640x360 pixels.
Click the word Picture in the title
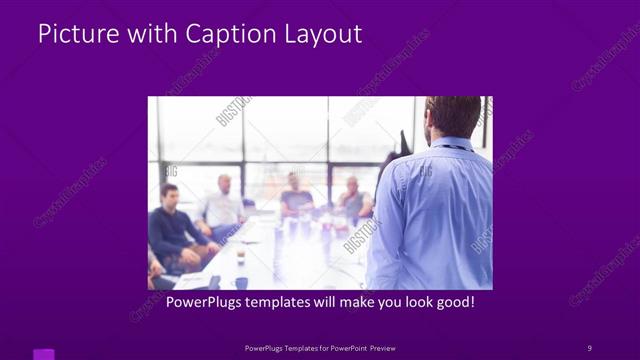point(70,34)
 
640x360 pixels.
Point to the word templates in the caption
point(284,302)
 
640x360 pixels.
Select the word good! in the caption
point(454,302)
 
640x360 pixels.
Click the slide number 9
point(589,347)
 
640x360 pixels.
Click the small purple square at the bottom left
point(44,354)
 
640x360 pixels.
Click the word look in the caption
point(414,302)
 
